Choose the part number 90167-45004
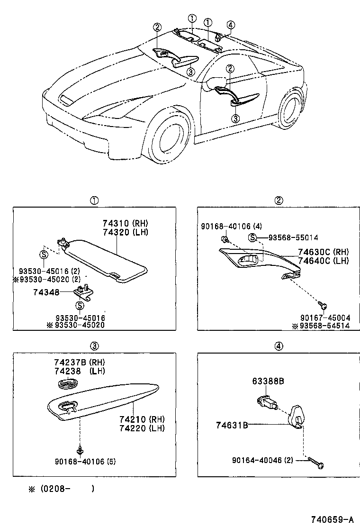[325, 318]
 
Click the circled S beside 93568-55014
[253, 237]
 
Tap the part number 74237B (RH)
[79, 363]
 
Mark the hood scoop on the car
[66, 100]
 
